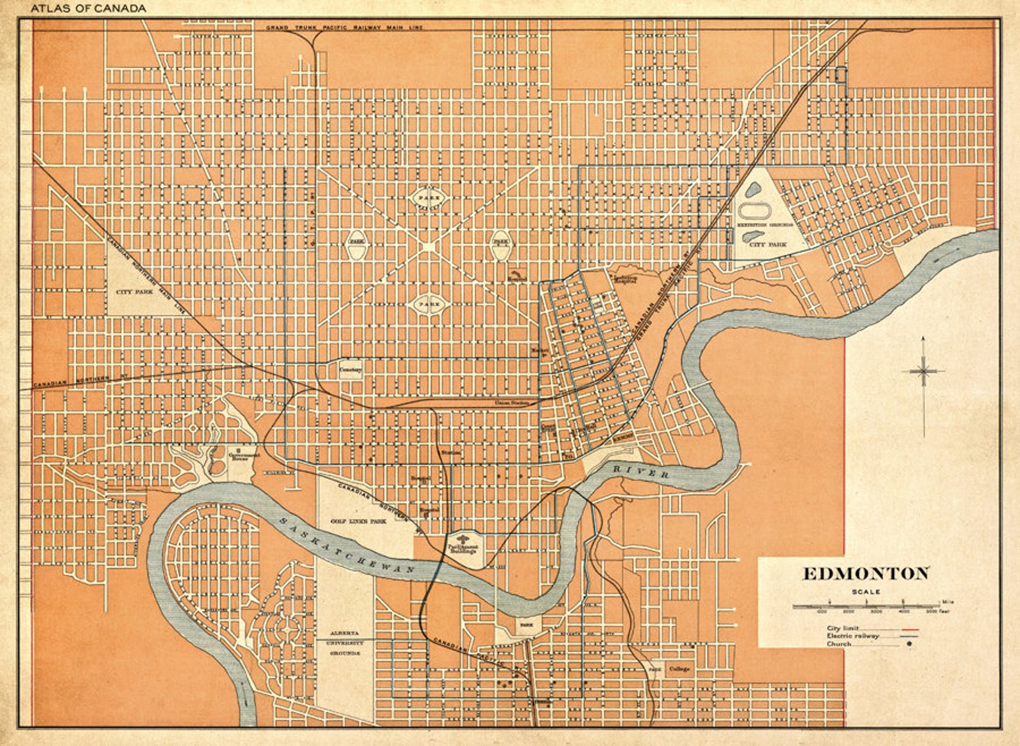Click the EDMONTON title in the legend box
[x=865, y=573]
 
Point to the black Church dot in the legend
[x=909, y=644]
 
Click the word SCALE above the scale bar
[x=866, y=592]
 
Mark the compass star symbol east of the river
[x=924, y=371]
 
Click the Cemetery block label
[x=351, y=370]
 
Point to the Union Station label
[x=511, y=403]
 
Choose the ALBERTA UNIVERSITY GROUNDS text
[x=345, y=642]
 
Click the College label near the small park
[x=679, y=669]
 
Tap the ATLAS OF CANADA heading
[x=88, y=8]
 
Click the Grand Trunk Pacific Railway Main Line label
[x=345, y=28]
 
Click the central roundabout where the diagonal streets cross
[x=428, y=246]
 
